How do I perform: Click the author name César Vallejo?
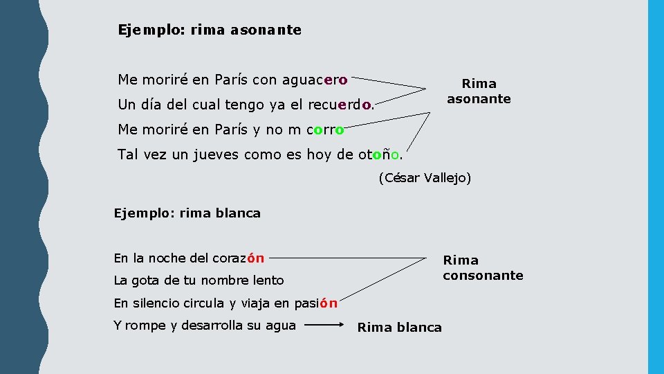[425, 178]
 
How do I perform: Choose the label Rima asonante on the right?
[479, 91]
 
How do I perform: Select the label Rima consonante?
[483, 267]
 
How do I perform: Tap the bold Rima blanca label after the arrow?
[399, 328]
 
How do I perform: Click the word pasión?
[315, 303]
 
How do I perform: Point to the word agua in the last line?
[281, 326]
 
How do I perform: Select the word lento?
[268, 280]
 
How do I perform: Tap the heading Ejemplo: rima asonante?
[210, 30]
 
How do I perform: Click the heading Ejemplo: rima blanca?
[187, 213]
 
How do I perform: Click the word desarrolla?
[224, 326]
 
